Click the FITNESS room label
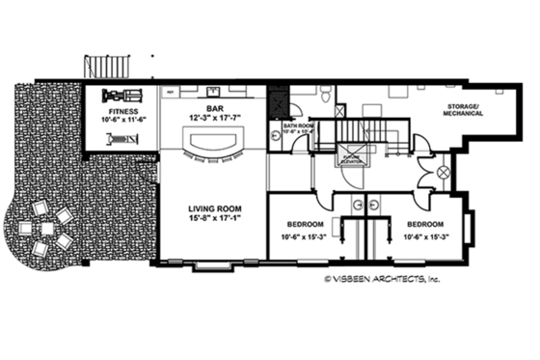121,111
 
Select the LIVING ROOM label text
215,208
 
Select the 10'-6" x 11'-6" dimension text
121,120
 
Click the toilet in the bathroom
328,96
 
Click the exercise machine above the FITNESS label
121,96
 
